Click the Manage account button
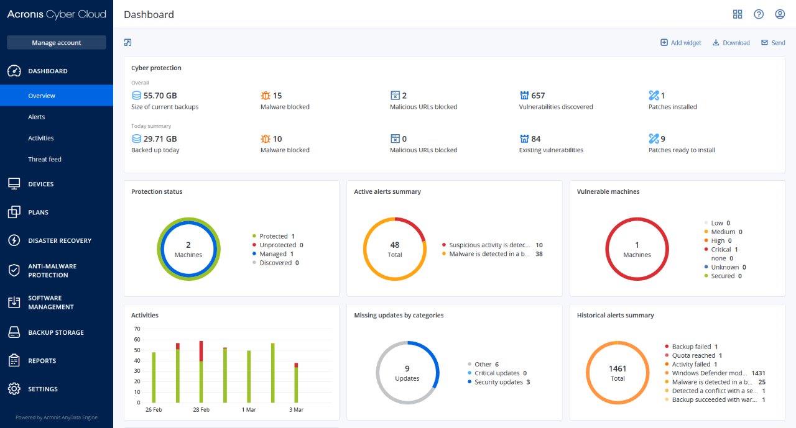point(56,43)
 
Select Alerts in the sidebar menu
point(37,117)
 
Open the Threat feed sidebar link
point(45,159)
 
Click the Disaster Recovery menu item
point(59,240)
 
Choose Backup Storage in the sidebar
point(55,332)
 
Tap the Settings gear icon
point(14,389)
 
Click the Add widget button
point(680,43)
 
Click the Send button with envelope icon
point(773,43)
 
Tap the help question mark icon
point(758,14)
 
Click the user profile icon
point(779,14)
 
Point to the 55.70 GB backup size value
point(160,96)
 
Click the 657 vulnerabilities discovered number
point(538,96)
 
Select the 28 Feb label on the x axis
point(201,410)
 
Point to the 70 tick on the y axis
point(137,329)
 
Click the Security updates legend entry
point(498,382)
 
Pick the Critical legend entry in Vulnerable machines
point(721,249)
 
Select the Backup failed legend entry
point(691,347)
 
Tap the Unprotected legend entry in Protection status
point(277,245)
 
